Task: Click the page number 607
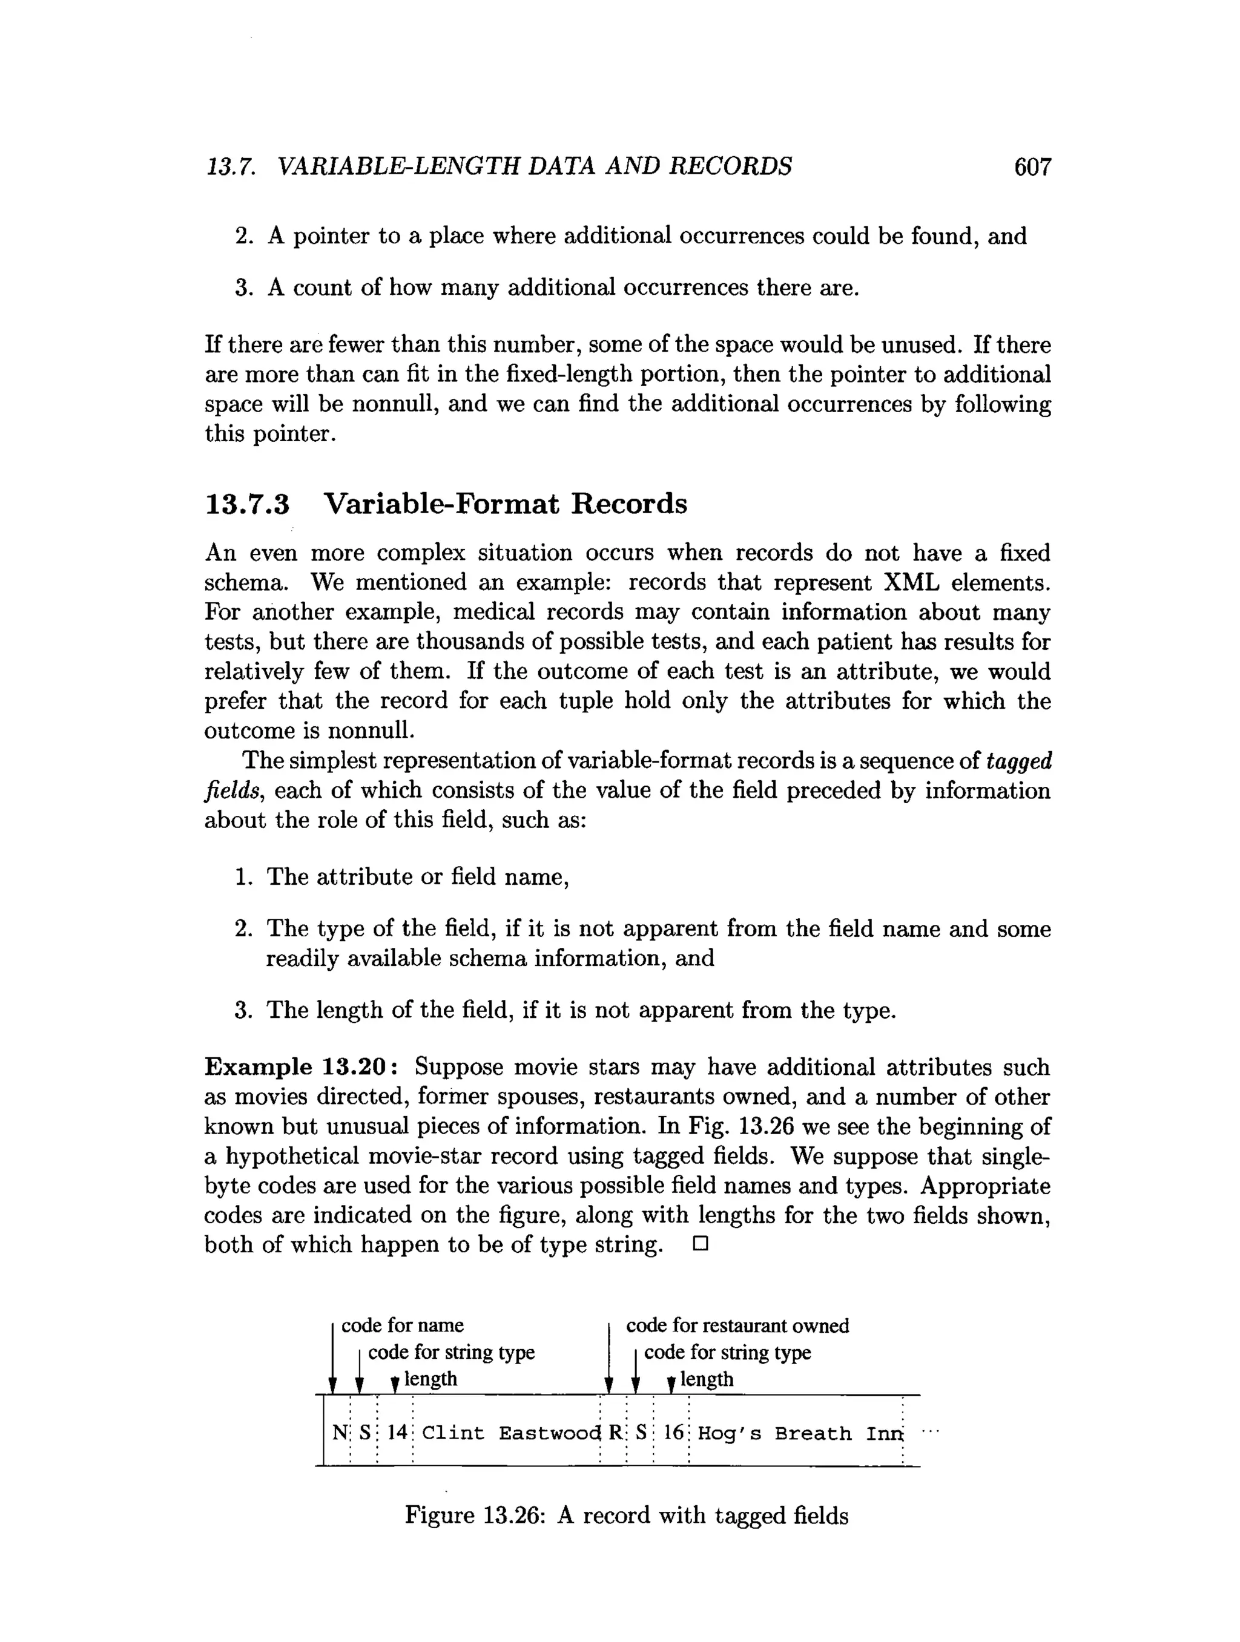click(x=1032, y=166)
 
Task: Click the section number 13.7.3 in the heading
click(x=246, y=504)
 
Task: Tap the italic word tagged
click(x=1019, y=761)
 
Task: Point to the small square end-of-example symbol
click(x=700, y=1244)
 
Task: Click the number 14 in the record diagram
click(x=397, y=1432)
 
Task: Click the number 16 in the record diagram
click(x=673, y=1432)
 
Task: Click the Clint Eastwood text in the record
click(x=511, y=1433)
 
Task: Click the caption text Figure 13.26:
click(x=475, y=1515)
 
